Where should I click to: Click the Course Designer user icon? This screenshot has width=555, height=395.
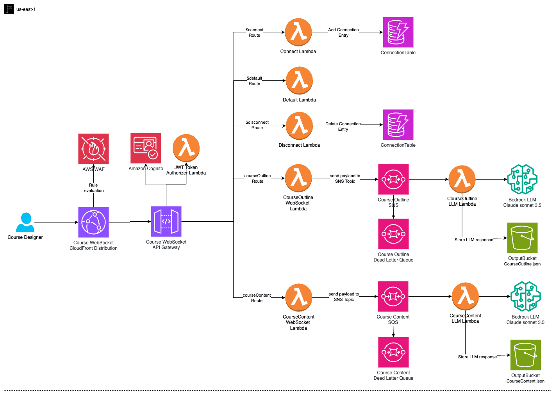(25, 222)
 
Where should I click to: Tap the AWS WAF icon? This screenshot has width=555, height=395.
(93, 149)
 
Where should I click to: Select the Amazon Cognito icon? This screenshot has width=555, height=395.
(146, 148)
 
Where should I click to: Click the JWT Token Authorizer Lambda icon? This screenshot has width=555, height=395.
(186, 148)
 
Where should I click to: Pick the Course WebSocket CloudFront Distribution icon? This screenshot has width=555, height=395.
(93, 222)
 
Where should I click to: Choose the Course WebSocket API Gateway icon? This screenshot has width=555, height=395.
(166, 221)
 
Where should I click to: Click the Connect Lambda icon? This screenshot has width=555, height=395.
(298, 32)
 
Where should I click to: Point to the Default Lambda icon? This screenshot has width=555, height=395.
(299, 80)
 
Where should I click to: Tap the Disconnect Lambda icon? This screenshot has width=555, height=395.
(299, 126)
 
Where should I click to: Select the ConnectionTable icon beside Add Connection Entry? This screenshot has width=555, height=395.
(398, 32)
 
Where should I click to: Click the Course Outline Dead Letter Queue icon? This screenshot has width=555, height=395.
(393, 234)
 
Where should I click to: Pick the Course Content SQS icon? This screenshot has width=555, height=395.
(393, 296)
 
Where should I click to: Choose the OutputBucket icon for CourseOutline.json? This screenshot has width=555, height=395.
(522, 238)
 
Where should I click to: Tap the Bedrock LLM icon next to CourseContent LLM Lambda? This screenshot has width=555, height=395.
(525, 296)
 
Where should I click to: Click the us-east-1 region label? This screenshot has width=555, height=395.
(26, 9)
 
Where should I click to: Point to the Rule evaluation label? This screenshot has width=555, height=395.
(94, 188)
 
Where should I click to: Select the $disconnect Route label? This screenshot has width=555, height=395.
(257, 125)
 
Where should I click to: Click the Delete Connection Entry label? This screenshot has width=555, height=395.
(343, 126)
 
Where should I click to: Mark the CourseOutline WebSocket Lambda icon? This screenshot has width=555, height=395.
(298, 178)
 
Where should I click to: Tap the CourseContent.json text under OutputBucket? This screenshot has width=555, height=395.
(525, 381)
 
